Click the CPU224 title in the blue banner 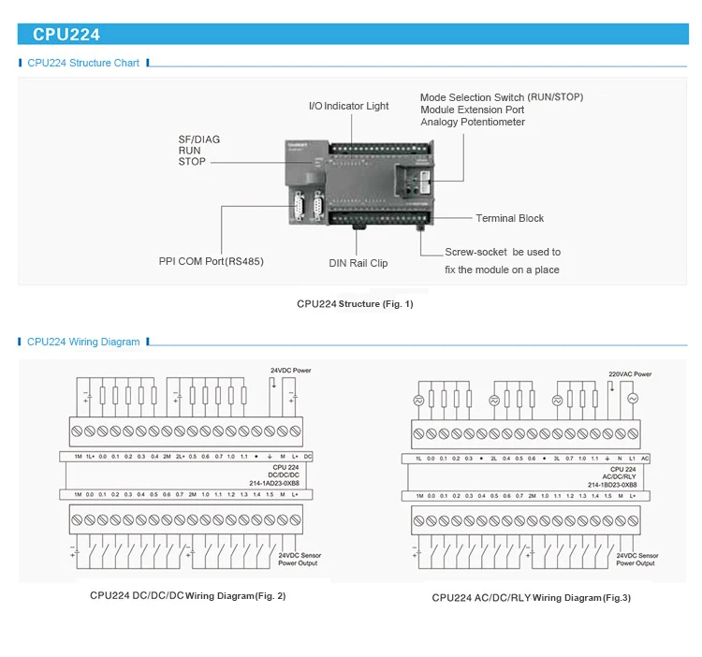[66, 35]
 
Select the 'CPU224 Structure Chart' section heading [83, 63]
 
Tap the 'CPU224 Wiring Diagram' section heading [83, 342]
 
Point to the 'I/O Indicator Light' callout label [348, 106]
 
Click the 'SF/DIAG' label [199, 139]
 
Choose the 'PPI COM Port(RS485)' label [211, 261]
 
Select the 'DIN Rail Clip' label [358, 263]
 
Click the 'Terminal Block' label [509, 218]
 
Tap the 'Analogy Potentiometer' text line [473, 123]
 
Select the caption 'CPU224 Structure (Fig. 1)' [355, 303]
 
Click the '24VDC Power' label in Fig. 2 [291, 371]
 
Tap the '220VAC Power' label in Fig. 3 [630, 373]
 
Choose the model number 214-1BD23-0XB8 [612, 485]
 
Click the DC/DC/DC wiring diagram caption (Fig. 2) [187, 595]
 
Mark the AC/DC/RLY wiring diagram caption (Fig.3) [531, 597]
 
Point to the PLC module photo [357, 183]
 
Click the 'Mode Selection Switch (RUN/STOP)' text [501, 97]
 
